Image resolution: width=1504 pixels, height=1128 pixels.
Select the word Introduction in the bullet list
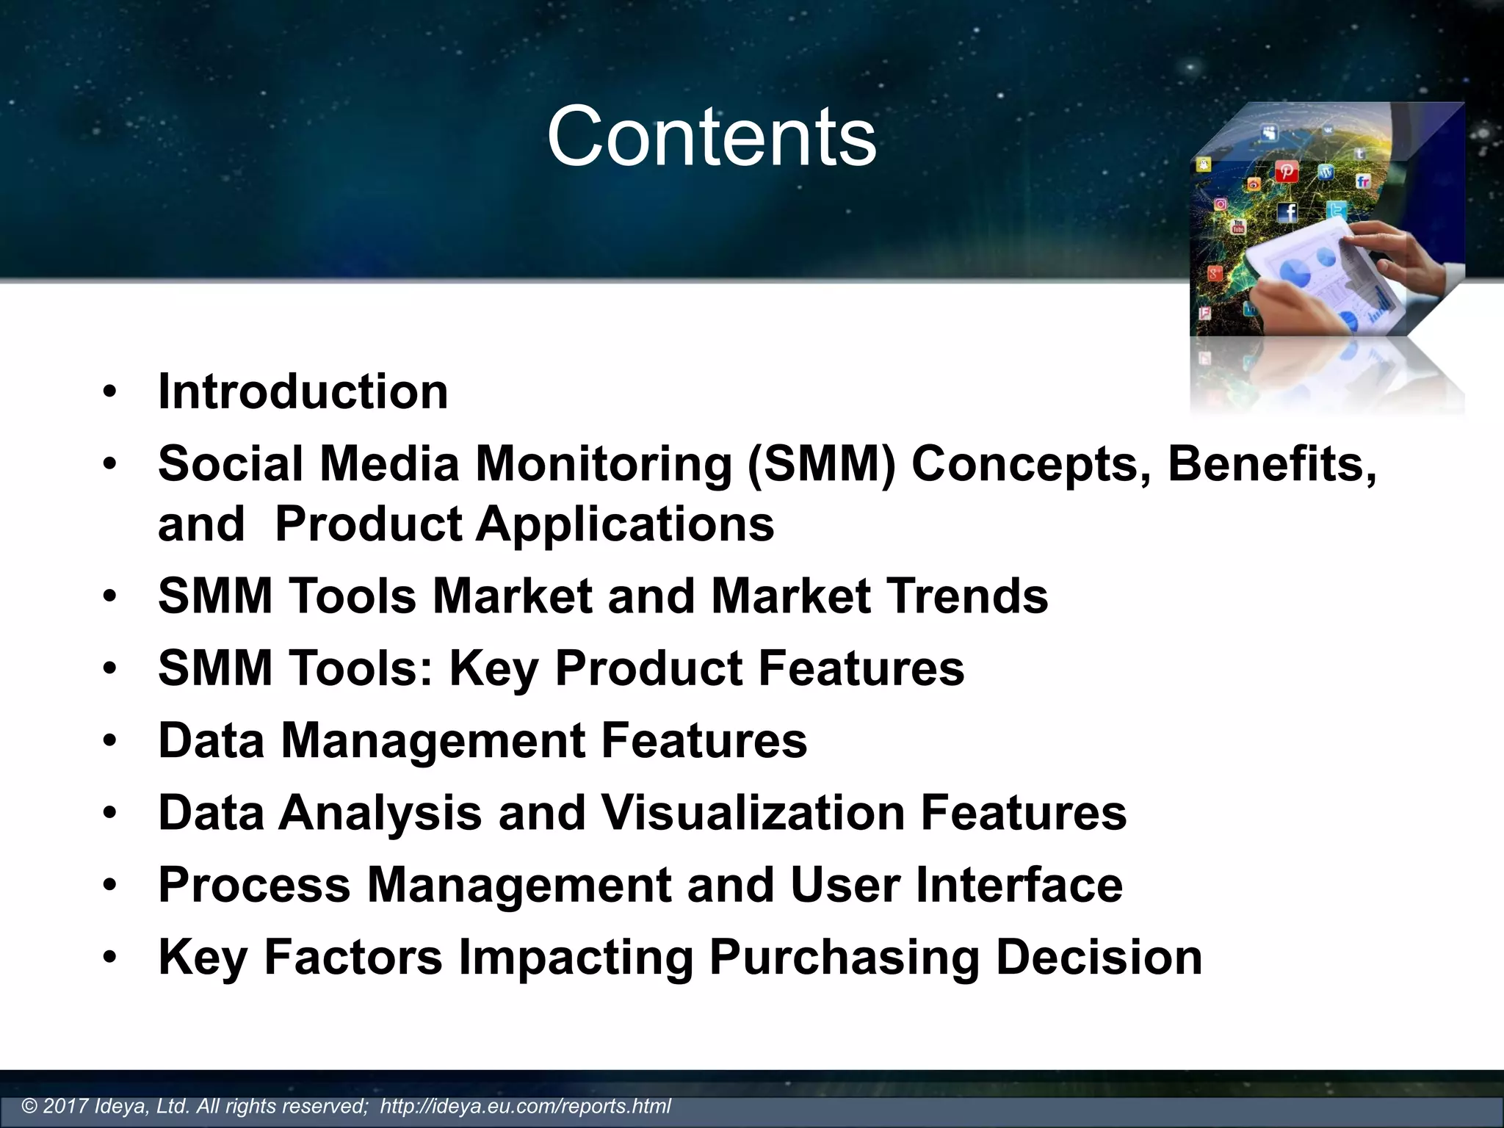coord(303,391)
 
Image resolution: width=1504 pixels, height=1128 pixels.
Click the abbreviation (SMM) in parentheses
coord(821,464)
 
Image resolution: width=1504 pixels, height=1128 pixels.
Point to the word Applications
coord(625,524)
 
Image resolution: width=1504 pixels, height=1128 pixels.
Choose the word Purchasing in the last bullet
coord(845,957)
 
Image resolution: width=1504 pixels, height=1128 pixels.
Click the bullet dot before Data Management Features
coord(110,741)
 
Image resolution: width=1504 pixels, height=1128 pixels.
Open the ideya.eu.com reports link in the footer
coord(525,1106)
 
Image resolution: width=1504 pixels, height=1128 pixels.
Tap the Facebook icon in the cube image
coord(1287,213)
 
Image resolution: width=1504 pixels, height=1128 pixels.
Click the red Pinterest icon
coord(1286,172)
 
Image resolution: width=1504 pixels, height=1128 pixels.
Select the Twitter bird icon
coord(1337,211)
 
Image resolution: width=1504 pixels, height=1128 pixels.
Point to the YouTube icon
coord(1238,227)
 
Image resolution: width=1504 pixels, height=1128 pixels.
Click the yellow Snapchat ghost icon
coord(1203,164)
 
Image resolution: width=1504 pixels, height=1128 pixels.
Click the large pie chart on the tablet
coord(1295,273)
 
